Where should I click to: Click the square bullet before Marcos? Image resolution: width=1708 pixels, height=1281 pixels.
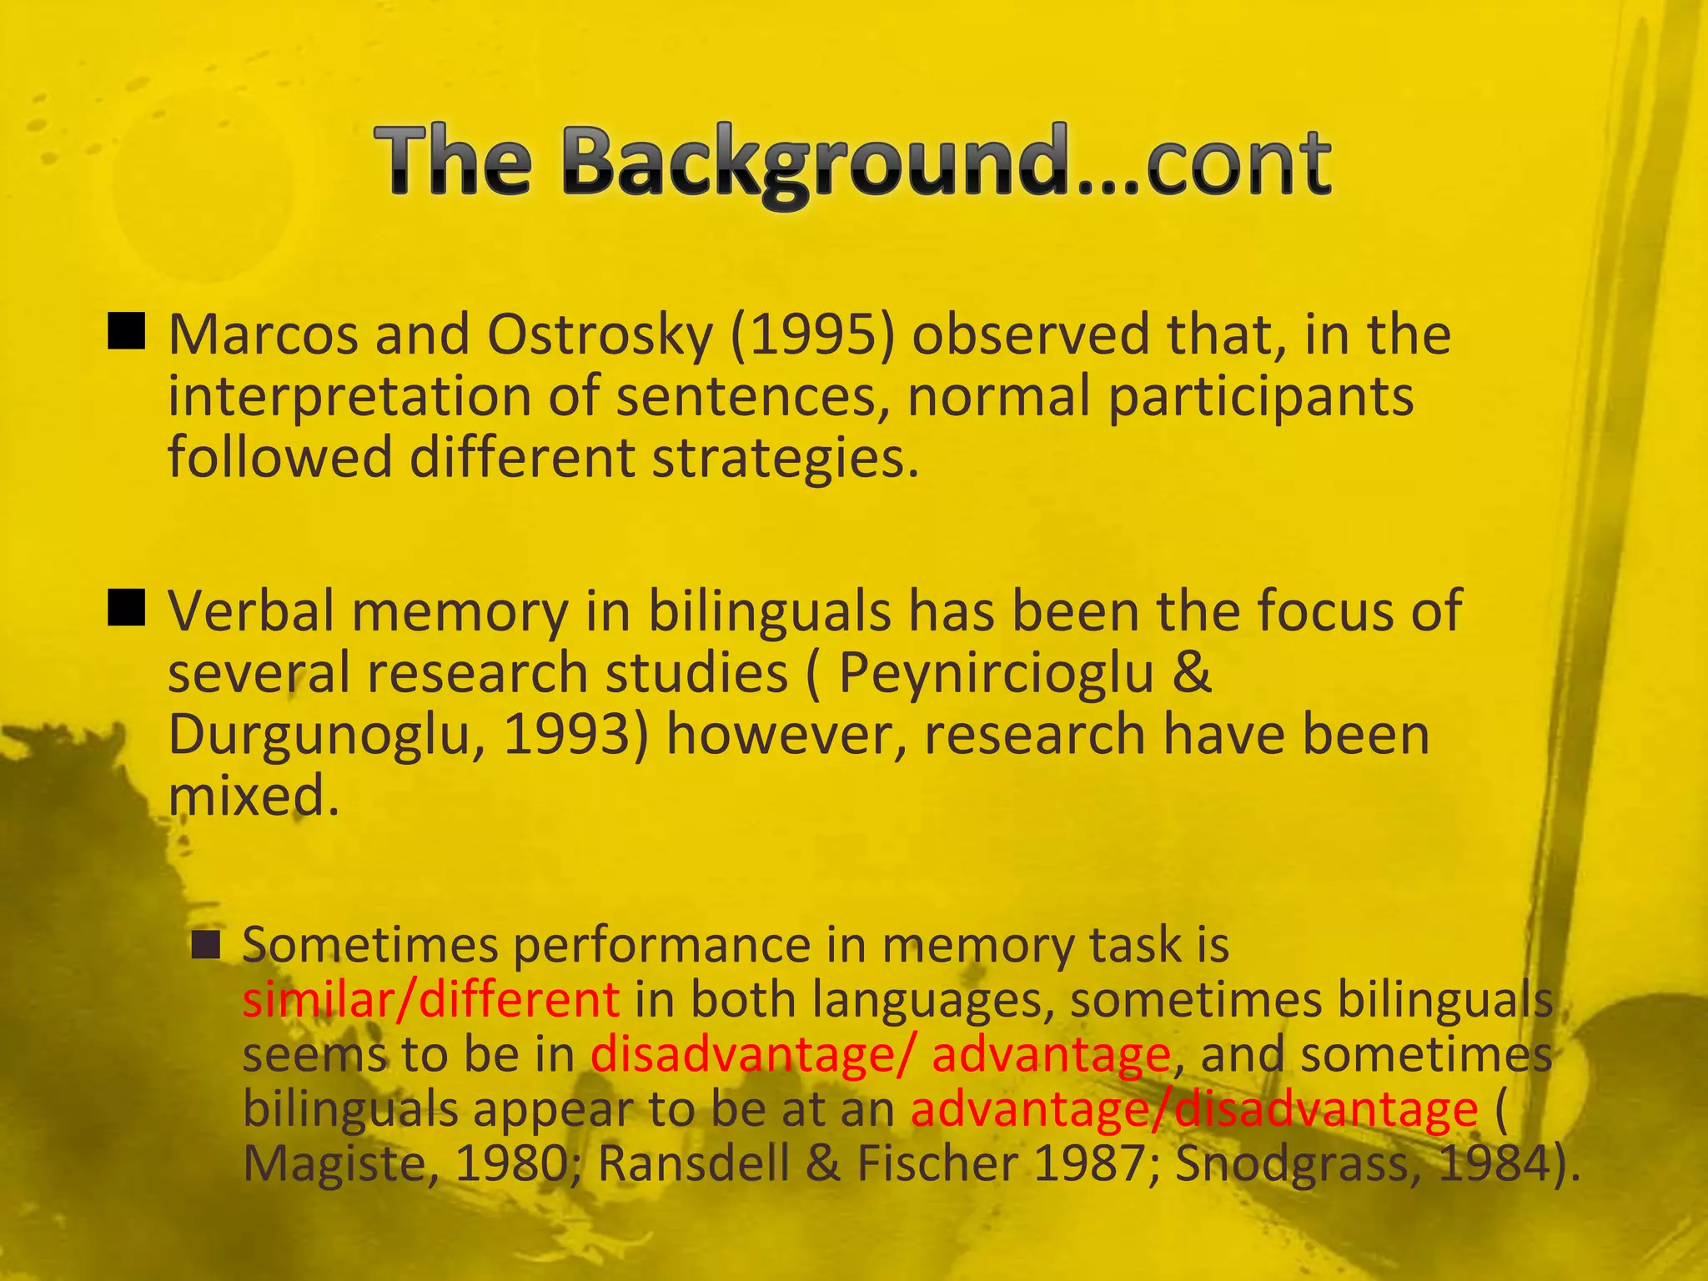pyautogui.click(x=127, y=331)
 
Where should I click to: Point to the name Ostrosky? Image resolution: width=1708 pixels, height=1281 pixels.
pyautogui.click(x=600, y=335)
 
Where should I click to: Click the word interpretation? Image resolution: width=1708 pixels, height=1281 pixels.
pyautogui.click(x=349, y=397)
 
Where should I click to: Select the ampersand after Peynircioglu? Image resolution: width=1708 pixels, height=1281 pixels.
pyautogui.click(x=1192, y=673)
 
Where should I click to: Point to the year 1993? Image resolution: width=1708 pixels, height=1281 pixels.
pyautogui.click(x=575, y=735)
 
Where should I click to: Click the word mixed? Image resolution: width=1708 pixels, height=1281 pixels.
pyautogui.click(x=254, y=796)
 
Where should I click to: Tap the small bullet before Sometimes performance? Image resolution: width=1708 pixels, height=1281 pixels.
pyautogui.click(x=205, y=945)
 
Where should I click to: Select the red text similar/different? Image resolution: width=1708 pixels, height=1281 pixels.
pyautogui.click(x=430, y=1000)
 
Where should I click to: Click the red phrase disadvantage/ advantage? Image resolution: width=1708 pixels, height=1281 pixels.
pyautogui.click(x=880, y=1055)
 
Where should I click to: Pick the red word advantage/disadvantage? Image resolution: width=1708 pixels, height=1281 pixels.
pyautogui.click(x=1193, y=1110)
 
